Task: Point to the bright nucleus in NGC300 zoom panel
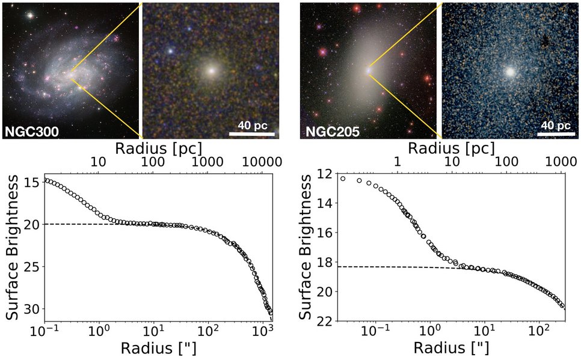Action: pyautogui.click(x=211, y=70)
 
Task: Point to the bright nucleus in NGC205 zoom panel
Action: pyautogui.click(x=511, y=71)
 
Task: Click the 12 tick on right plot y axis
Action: pyautogui.click(x=325, y=174)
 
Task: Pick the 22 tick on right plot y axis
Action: pyautogui.click(x=325, y=321)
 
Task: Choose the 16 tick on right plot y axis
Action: pyautogui.click(x=325, y=233)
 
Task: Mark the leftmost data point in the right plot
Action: pyautogui.click(x=343, y=178)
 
